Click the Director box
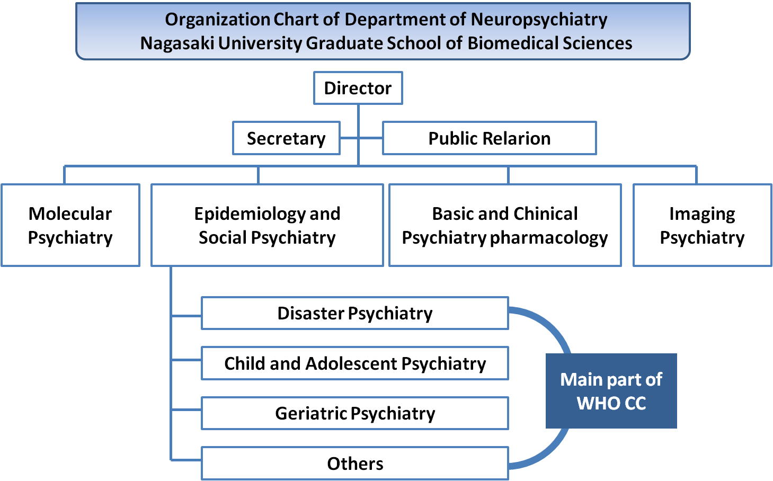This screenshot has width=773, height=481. pos(358,88)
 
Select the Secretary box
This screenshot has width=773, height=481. pos(287,138)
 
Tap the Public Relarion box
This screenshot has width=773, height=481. pos(490,138)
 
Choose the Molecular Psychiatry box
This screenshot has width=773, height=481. pos(70,225)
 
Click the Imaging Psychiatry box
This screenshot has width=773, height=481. pos(702,225)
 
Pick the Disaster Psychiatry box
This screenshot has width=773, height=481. pos(355,313)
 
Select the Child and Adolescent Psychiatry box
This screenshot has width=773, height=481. pos(355,363)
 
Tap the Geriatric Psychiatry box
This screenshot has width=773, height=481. pos(355,413)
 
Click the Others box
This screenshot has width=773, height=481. pos(355,464)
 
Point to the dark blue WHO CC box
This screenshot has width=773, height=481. pos(611,391)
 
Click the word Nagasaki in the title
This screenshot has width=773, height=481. pos(177,43)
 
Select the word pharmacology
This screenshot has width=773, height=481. pos(549,238)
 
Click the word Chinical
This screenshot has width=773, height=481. pos(544,213)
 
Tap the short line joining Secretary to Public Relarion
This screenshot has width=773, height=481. pos(361,138)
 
